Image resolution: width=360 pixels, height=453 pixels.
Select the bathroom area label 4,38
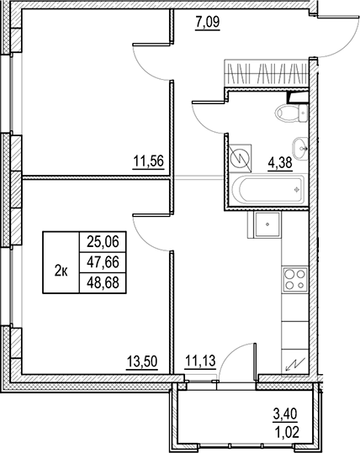[280, 165]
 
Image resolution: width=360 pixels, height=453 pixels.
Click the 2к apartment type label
[61, 270]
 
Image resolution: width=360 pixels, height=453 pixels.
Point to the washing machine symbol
[240, 156]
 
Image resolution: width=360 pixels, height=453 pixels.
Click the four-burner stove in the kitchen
[295, 278]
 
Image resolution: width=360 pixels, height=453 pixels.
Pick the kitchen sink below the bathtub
[267, 223]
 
